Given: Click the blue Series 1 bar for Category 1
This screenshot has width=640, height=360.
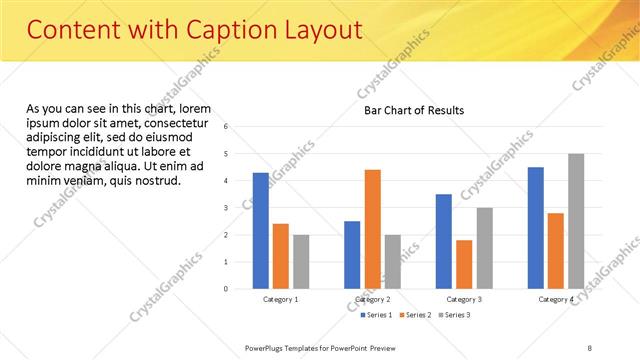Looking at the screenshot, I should tap(260, 230).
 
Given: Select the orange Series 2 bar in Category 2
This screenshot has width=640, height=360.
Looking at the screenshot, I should tap(372, 229).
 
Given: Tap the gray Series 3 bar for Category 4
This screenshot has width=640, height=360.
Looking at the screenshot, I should tap(576, 221).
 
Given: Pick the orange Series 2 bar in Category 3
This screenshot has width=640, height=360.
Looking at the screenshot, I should tap(464, 264).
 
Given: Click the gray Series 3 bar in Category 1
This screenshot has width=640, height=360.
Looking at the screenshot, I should tap(301, 262).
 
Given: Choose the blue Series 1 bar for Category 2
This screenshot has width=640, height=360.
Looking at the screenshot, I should tap(352, 255).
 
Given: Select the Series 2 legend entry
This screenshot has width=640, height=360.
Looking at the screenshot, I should tap(414, 315).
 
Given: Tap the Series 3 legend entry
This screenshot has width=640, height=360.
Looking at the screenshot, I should tap(453, 315).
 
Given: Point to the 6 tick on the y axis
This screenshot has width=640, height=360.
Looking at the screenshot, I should tap(227, 127).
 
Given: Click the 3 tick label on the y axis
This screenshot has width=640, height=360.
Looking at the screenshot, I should tap(227, 208).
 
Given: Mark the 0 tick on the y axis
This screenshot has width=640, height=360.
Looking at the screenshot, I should tap(227, 289).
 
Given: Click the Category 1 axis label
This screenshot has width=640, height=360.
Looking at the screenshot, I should tap(281, 300).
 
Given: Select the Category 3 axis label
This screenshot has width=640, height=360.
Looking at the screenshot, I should tap(464, 300).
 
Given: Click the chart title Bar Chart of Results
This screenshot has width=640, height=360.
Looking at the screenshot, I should tap(414, 110).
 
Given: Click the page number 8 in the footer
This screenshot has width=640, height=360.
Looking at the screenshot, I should tap(590, 347).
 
